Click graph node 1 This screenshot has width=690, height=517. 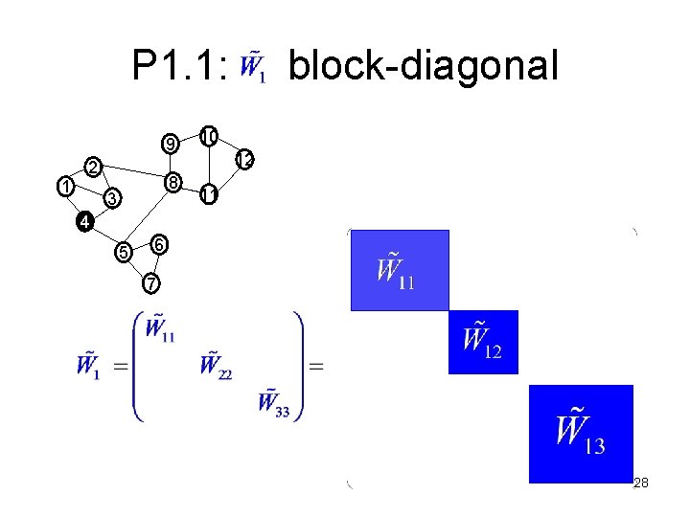pyautogui.click(x=64, y=186)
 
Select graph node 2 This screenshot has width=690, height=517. pyautogui.click(x=93, y=168)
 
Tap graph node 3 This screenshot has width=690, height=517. pyautogui.click(x=111, y=199)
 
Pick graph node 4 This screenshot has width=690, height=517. pyautogui.click(x=84, y=222)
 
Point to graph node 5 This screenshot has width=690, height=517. pyautogui.click(x=123, y=253)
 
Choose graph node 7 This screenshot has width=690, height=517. pyautogui.click(x=150, y=283)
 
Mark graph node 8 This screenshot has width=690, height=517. pyautogui.click(x=171, y=182)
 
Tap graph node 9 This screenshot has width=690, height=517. pyautogui.click(x=170, y=146)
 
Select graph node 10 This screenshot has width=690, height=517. pyautogui.click(x=208, y=136)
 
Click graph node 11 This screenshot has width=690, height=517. pyautogui.click(x=208, y=196)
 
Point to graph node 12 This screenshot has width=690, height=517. pyautogui.click(x=244, y=160)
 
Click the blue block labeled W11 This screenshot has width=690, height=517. pyautogui.click(x=399, y=270)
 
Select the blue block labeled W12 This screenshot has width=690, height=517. pyautogui.click(x=483, y=342)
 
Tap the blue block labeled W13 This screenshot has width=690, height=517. pyautogui.click(x=581, y=433)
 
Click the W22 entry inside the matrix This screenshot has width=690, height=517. pyautogui.click(x=216, y=365)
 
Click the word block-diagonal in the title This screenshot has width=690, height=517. pyautogui.click(x=422, y=67)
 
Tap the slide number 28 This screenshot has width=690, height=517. pyautogui.click(x=641, y=483)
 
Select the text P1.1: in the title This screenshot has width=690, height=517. pyautogui.click(x=179, y=67)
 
